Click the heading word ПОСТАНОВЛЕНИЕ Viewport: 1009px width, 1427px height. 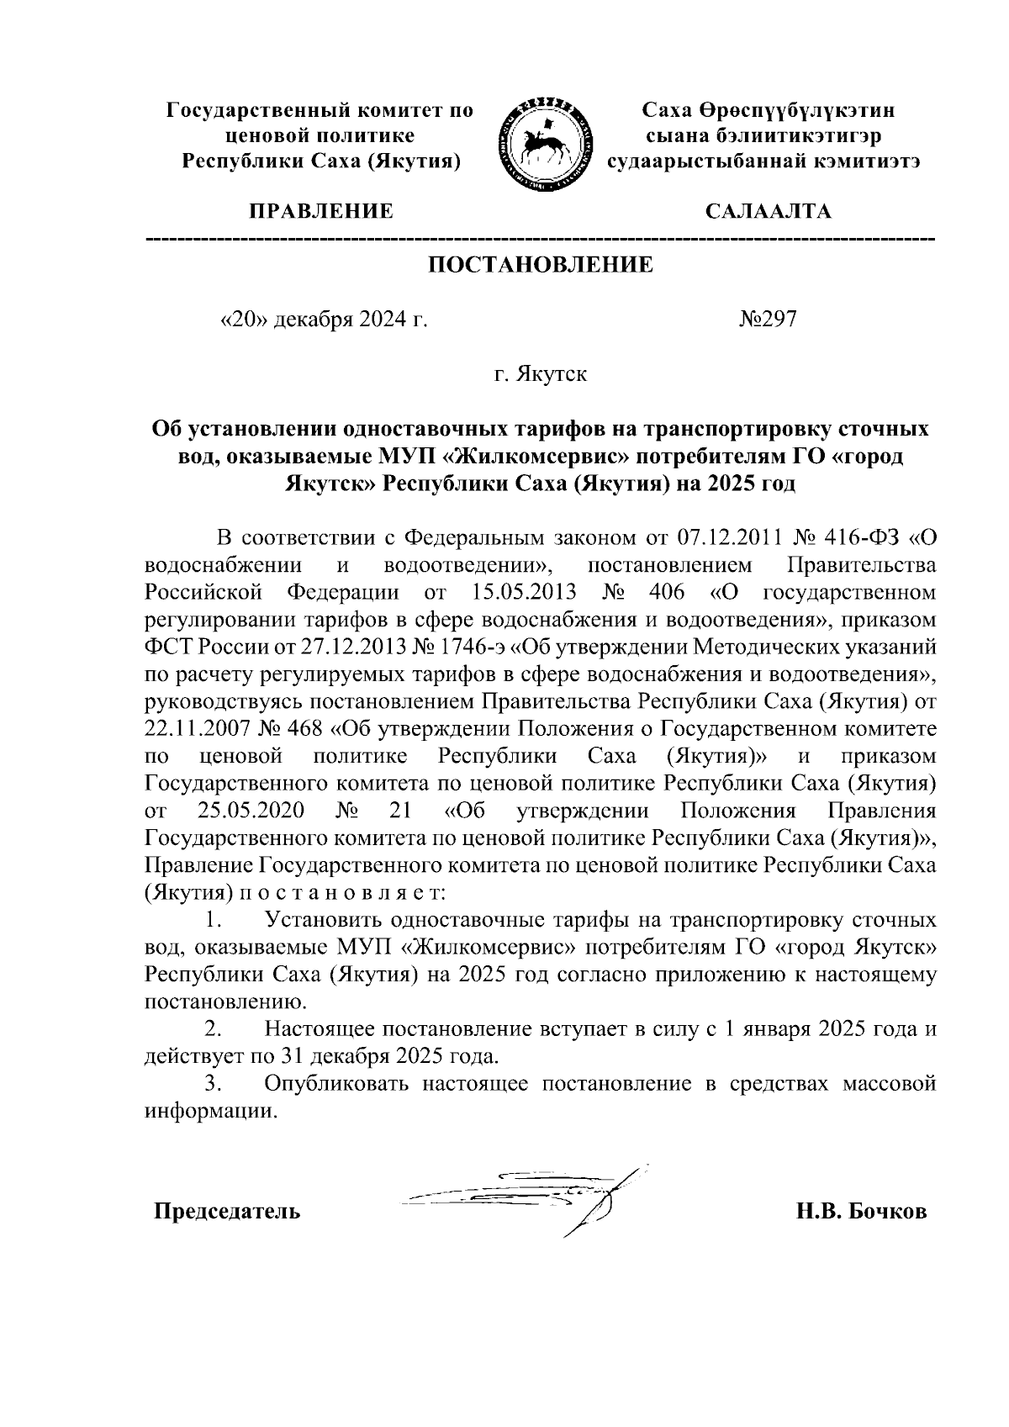(541, 265)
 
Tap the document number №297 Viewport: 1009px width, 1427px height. (767, 320)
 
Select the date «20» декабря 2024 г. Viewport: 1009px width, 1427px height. (323, 320)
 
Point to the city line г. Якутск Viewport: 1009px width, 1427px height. (540, 373)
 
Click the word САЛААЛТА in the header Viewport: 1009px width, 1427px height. (768, 211)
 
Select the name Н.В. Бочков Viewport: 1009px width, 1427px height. (862, 1212)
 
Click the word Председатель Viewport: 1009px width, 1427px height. (226, 1212)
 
